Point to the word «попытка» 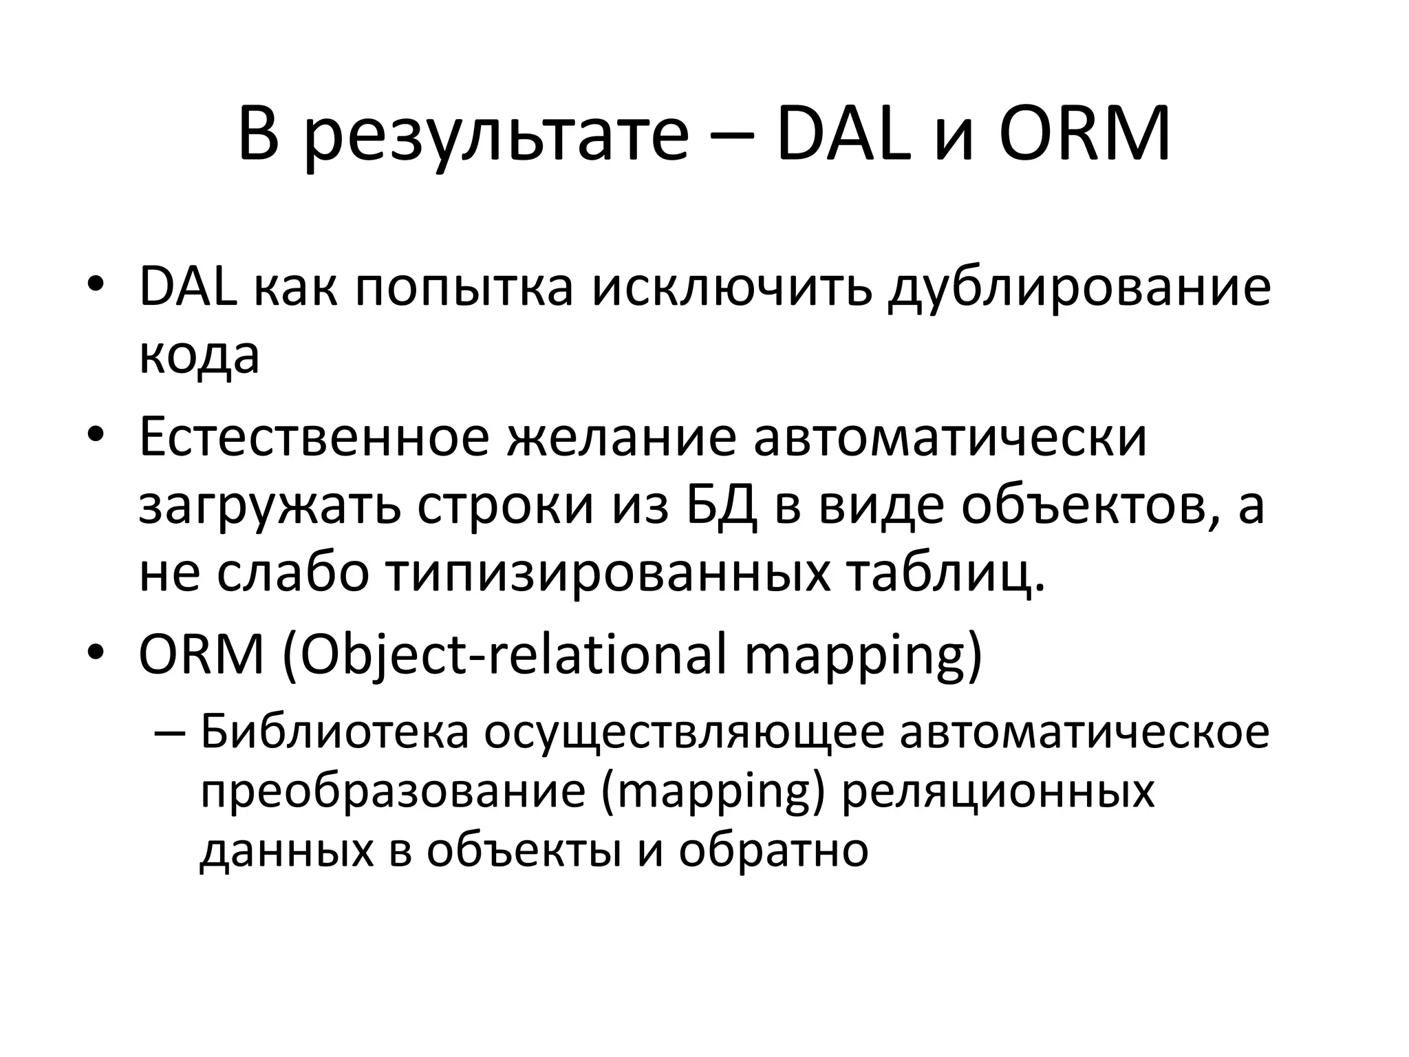point(464,287)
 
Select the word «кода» point(199,356)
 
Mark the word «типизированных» point(607,575)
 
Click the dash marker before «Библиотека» point(170,732)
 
